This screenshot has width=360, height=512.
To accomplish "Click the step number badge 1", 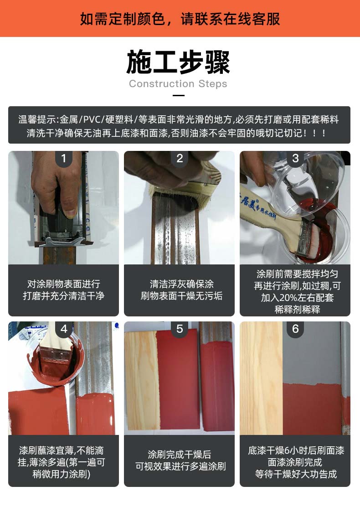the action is coord(64,159).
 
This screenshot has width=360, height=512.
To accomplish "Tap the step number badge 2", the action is coord(180,159).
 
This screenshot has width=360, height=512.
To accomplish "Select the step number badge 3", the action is coord(295,159).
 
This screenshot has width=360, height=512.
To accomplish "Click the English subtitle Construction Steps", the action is coord(178,84).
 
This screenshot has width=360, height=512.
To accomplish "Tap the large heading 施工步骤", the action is coord(178,62).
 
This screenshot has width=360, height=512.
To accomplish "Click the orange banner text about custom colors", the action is coord(180,19).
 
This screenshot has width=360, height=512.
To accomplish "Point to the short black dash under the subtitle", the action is coord(179,95).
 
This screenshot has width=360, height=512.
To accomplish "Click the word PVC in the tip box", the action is coord(92,119).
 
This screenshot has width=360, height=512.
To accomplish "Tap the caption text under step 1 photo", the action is coord(64,290).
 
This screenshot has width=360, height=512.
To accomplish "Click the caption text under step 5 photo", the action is coord(180,460).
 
